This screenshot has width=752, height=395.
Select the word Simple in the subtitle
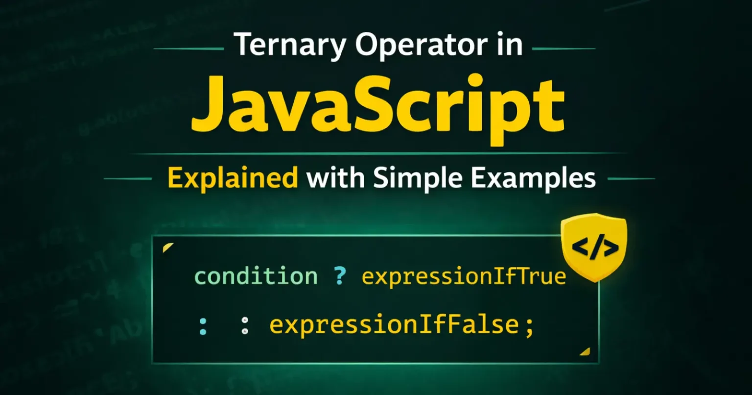419,179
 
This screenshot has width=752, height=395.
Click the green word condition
256,276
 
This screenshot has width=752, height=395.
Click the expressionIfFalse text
394,326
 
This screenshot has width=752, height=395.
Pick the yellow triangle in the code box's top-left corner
167,247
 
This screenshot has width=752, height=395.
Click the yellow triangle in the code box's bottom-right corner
585,351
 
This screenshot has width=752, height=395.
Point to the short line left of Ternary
189,49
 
